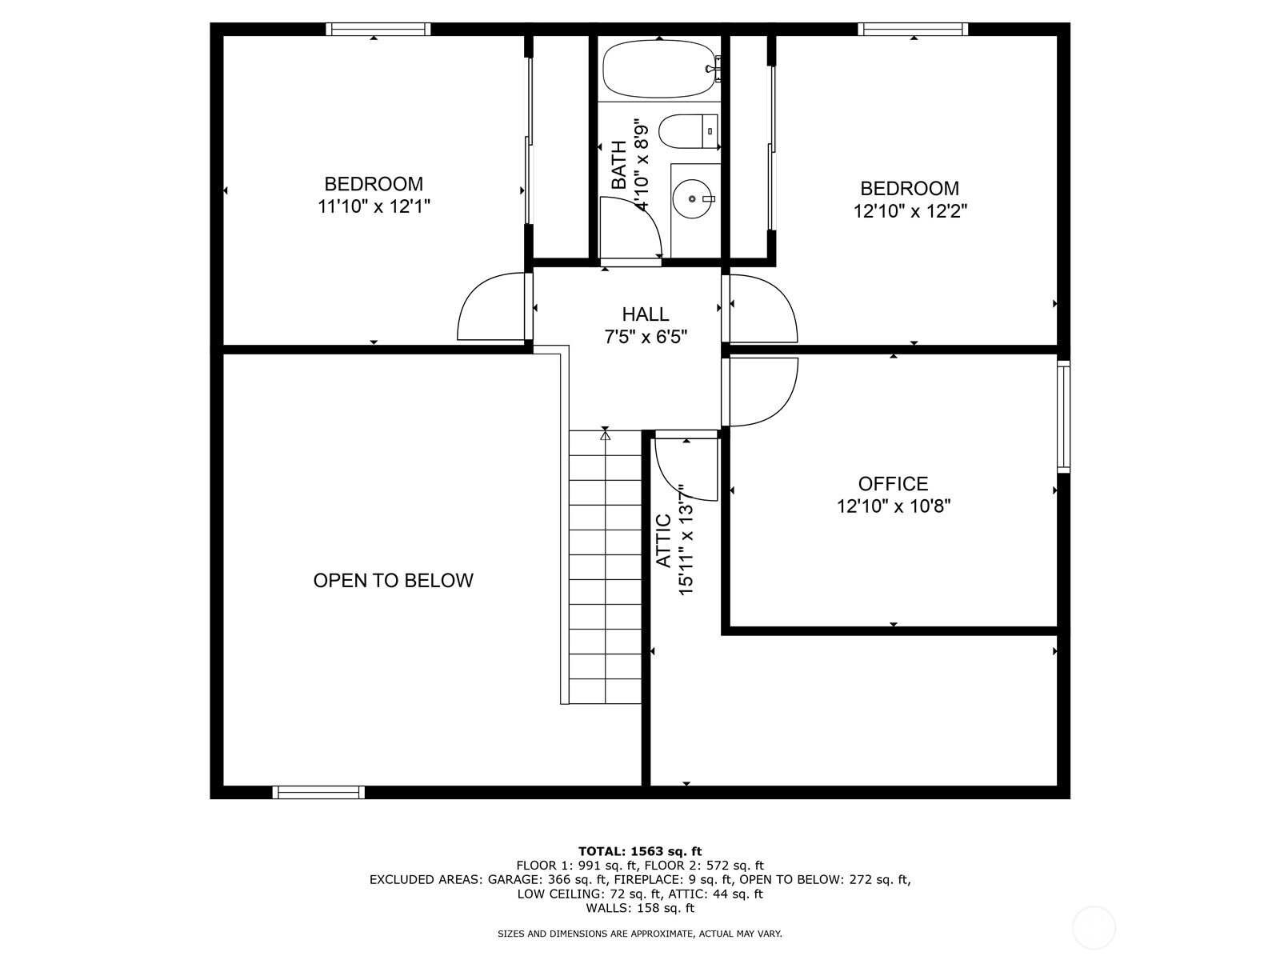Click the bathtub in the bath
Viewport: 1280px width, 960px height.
point(659,69)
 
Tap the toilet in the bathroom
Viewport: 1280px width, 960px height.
point(688,131)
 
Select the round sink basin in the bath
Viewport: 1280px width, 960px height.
point(692,198)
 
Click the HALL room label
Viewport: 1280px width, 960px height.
point(645,314)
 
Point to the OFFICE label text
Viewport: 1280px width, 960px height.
point(893,484)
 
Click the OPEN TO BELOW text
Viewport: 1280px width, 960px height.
point(393,581)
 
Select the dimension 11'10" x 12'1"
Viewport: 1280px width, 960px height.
point(374,206)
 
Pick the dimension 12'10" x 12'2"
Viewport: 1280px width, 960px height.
point(910,211)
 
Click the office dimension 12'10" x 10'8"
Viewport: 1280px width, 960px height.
point(894,506)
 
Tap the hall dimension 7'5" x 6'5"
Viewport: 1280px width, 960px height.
point(646,337)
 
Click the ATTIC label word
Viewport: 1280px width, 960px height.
point(664,540)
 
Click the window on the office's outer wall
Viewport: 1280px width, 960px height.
point(1064,416)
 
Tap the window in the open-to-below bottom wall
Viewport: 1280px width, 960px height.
point(318,792)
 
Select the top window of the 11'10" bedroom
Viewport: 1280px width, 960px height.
point(378,29)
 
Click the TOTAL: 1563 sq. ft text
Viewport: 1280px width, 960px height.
point(640,851)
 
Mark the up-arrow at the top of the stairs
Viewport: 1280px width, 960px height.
point(606,435)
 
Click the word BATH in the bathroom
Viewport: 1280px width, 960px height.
point(618,165)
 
